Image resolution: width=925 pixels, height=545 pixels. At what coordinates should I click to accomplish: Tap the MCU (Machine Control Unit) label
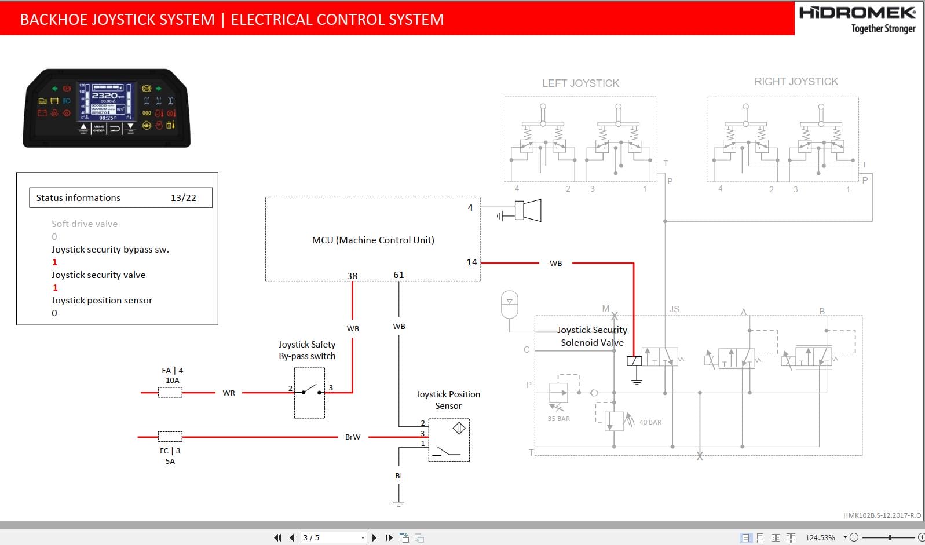(373, 240)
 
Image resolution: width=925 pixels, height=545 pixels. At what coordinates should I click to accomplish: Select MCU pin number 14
(471, 262)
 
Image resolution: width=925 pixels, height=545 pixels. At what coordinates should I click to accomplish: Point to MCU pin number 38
(352, 276)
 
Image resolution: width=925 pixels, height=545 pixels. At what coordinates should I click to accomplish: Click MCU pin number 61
(398, 275)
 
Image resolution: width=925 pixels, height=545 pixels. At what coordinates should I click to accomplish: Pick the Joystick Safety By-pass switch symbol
(309, 392)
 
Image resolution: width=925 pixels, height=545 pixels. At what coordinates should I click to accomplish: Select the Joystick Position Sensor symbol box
(449, 440)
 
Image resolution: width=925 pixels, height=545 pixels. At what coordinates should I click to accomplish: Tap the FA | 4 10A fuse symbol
(170, 393)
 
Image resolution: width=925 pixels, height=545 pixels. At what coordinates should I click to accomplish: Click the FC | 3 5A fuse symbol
(170, 437)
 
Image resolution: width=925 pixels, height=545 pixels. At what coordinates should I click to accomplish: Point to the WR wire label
(229, 393)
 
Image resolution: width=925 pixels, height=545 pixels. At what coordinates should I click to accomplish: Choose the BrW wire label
(353, 437)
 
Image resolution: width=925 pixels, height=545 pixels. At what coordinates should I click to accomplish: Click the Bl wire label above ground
(398, 475)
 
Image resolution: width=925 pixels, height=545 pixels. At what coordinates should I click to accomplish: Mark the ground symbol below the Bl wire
(398, 502)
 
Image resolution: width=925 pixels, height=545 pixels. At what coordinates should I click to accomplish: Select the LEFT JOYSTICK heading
(580, 83)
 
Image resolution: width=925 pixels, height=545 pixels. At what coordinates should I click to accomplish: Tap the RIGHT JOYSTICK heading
(796, 82)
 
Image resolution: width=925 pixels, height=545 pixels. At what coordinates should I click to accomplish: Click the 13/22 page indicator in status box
(183, 198)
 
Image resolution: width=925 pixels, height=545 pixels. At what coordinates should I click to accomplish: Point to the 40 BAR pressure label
(650, 422)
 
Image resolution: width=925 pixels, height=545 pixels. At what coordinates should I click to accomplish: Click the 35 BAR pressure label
(558, 419)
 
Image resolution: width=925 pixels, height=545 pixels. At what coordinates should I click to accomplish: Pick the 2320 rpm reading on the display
(105, 96)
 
